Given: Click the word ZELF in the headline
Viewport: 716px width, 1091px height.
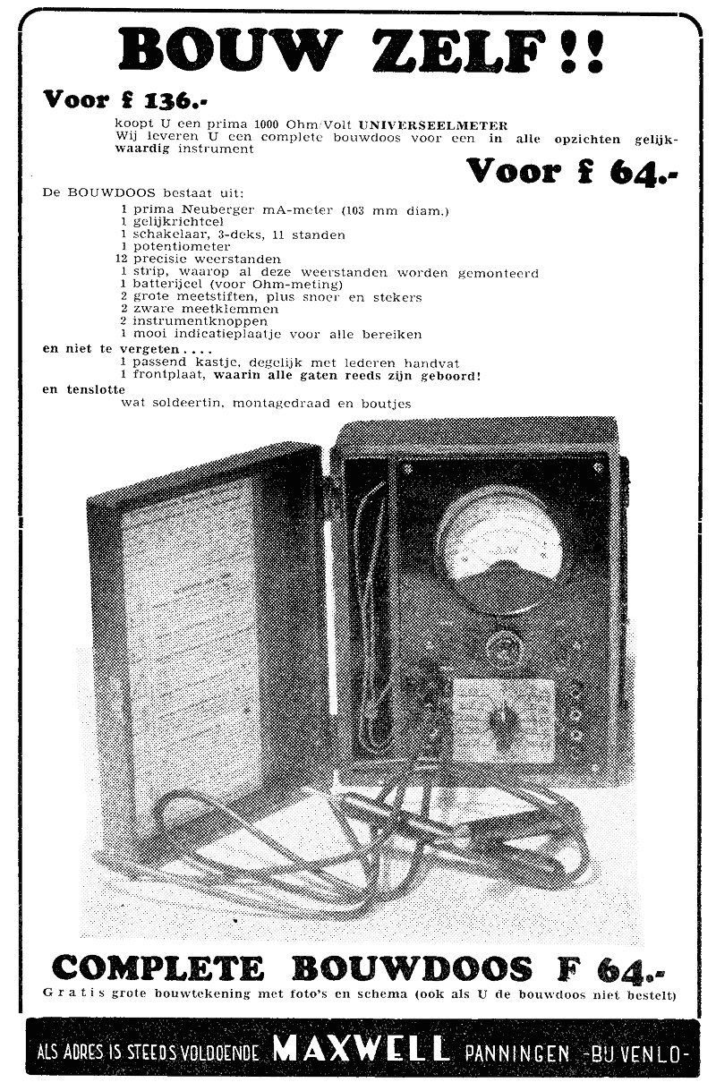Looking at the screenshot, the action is (461, 51).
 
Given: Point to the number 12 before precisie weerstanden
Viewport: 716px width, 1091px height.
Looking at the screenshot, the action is (122, 259).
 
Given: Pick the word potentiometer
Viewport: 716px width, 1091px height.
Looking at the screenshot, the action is (181, 247).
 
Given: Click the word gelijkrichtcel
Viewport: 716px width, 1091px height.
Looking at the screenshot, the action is (178, 223).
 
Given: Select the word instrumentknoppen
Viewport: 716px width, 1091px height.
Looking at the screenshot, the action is (200, 321).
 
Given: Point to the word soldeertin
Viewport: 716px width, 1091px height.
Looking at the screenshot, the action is (188, 404).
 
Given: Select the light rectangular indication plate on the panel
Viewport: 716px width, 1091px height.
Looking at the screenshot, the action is (504, 720).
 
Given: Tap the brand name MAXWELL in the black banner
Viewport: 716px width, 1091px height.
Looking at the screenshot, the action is (360, 1048).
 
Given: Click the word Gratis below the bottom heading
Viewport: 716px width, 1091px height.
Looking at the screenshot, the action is (73, 993).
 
